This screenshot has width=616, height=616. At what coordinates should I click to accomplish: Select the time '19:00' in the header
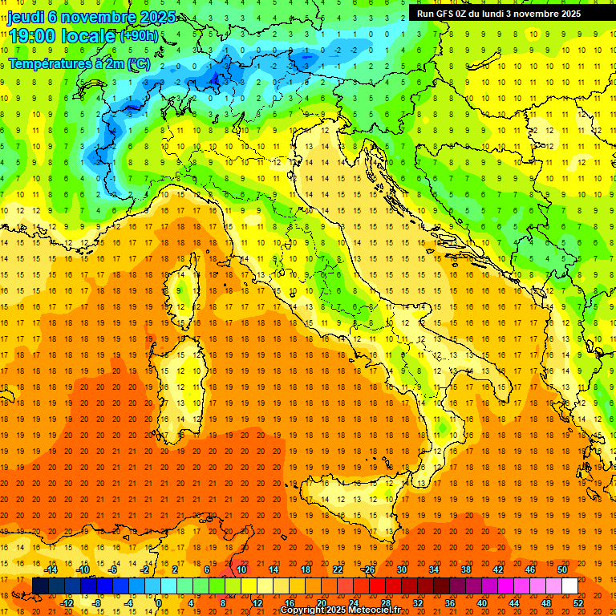tap(35, 35)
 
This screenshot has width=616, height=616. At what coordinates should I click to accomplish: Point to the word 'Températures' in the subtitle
tap(50, 63)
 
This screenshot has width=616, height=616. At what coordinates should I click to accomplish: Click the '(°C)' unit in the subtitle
tap(136, 63)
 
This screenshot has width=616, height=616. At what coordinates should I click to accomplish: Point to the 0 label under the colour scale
tap(159, 603)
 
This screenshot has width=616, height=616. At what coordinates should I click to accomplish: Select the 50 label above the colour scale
tap(561, 569)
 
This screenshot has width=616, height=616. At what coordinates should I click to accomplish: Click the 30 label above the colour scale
tap(401, 569)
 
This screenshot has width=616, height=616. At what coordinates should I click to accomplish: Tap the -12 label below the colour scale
tap(67, 603)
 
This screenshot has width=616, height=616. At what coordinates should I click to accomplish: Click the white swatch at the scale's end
tap(569, 586)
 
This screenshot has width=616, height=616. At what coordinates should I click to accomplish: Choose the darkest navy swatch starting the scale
tap(40, 586)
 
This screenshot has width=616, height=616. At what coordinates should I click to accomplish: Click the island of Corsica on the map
tap(185, 285)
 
